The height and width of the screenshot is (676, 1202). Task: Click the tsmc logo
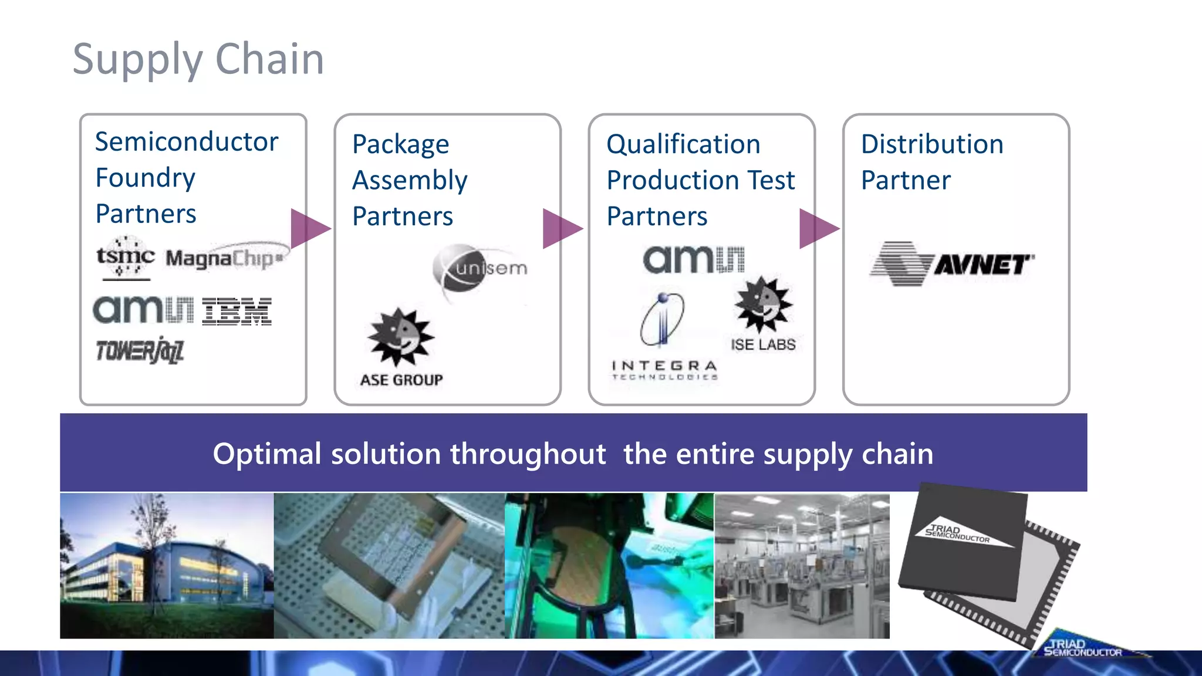point(125,257)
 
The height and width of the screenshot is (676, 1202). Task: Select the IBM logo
point(237,311)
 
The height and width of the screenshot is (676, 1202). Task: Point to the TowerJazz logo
point(140,351)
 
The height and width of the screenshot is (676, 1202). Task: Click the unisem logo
point(480,269)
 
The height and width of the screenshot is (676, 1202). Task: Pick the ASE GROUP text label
point(401,380)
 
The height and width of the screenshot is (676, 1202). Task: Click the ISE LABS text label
point(763,344)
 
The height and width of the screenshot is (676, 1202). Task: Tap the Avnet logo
point(952,264)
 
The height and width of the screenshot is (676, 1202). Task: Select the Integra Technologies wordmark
point(664,370)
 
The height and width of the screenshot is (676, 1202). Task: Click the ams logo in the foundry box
point(143,309)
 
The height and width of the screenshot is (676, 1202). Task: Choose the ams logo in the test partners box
point(693,259)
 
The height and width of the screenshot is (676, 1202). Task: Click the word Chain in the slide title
point(269,59)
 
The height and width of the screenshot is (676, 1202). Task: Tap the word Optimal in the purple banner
point(266,454)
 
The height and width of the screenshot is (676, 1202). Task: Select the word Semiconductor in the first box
point(187,142)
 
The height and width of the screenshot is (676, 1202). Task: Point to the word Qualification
point(683,144)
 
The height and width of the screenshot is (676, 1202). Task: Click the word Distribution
point(932,144)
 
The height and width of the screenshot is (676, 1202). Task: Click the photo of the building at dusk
point(167,565)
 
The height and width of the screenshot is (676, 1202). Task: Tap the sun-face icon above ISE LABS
point(762,305)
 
